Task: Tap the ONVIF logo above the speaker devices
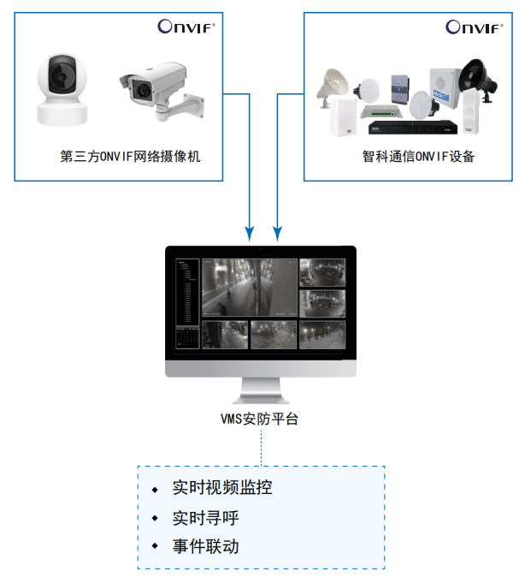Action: click(x=474, y=27)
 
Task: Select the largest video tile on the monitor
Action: click(x=248, y=289)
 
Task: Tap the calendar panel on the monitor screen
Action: click(x=186, y=337)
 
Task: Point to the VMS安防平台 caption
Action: click(x=260, y=419)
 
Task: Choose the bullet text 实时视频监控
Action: click(x=222, y=489)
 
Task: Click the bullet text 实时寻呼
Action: click(x=205, y=518)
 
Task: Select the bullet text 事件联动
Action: click(x=205, y=546)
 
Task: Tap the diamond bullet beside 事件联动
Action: click(x=155, y=546)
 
